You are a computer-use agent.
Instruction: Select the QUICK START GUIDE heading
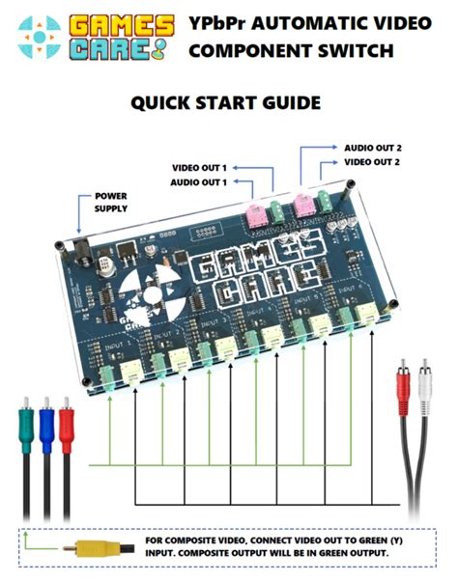[x=227, y=102]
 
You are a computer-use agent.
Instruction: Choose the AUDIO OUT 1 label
[x=199, y=181]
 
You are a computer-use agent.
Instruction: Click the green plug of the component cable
[x=25, y=425]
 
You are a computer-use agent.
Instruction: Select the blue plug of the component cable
[x=46, y=425]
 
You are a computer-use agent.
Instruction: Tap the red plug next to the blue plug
[x=67, y=425]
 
